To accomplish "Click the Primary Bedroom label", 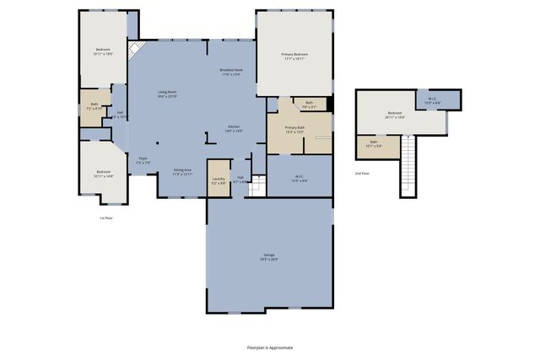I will coord(294,56).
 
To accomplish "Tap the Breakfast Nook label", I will coord(230,73).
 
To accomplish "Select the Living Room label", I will coord(166,94).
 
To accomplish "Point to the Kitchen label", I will coord(234,130).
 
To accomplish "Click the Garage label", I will coord(268,256).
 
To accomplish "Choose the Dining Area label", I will coord(182,172).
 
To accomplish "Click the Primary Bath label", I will coord(294,130).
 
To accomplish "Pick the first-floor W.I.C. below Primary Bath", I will coord(300,178).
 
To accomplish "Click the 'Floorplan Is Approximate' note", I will coord(269,347).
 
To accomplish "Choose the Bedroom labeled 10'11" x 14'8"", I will coord(104,175).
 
